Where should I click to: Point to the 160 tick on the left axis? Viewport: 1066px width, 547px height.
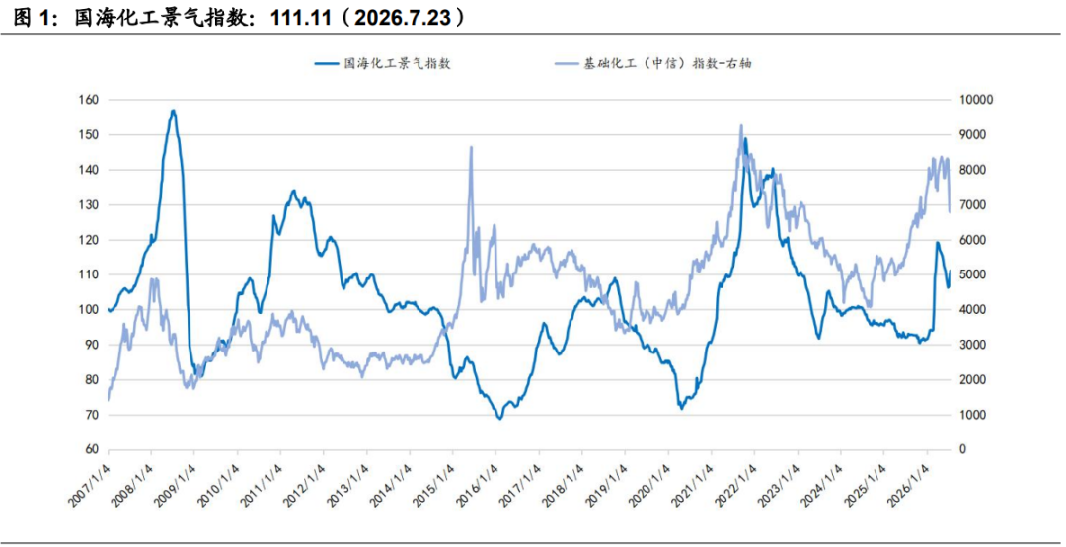click(90, 100)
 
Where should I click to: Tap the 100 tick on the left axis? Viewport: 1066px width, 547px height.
click(90, 310)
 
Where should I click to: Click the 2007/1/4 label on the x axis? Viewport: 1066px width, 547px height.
click(90, 484)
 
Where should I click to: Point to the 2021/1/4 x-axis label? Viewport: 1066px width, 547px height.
click(693, 484)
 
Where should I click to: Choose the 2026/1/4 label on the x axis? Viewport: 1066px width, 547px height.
click(908, 484)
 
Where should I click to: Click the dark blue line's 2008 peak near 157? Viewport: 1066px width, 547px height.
click(174, 111)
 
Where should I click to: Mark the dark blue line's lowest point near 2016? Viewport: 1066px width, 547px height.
click(499, 419)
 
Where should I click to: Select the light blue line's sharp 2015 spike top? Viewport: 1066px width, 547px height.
click(471, 147)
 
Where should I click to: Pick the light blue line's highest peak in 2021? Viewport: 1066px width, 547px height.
click(741, 125)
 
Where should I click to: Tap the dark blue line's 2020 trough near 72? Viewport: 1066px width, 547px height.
click(681, 408)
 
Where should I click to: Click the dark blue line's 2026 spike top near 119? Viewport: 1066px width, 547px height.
click(938, 242)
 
